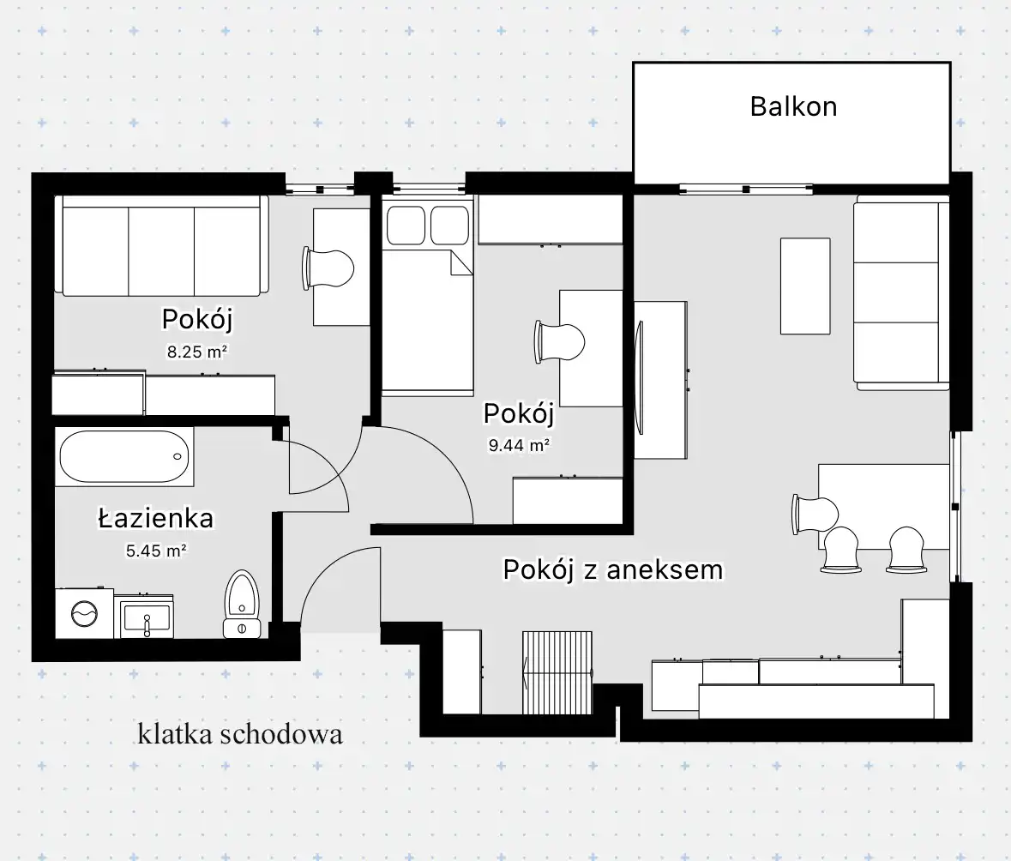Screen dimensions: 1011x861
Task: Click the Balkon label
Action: tap(793, 106)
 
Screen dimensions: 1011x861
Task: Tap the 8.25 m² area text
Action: tap(196, 352)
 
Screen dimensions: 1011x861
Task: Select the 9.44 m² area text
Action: tap(519, 445)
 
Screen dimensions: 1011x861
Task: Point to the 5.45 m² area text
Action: tap(156, 551)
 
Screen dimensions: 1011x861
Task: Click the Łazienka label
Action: tap(155, 519)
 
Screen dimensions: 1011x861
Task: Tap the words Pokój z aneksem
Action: tap(612, 570)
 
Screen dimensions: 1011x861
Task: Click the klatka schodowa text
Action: tap(240, 734)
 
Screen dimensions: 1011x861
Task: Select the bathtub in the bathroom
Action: tap(124, 456)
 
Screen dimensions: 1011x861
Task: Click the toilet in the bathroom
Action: tap(242, 604)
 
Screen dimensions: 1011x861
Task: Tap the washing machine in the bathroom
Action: tap(85, 612)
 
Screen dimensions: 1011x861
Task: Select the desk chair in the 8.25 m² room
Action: tap(328, 268)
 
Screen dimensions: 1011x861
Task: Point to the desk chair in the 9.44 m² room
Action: tap(560, 341)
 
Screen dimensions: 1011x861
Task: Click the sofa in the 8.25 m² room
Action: tap(162, 246)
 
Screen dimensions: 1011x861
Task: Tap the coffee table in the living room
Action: tap(805, 286)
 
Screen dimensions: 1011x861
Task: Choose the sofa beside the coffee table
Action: tap(901, 296)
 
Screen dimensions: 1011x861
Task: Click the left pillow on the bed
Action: tap(406, 225)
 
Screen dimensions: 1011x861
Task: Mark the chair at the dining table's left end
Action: tap(815, 515)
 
